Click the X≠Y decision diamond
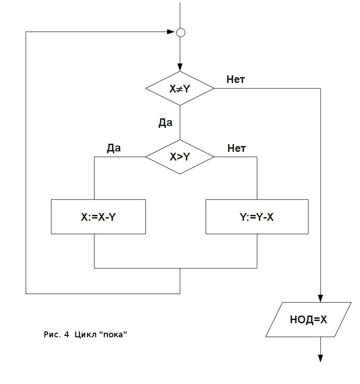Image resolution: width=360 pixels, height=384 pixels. pos(180,88)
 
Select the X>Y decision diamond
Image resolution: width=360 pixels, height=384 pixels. pos(180,157)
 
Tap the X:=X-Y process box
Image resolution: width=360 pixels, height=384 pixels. pos(98,217)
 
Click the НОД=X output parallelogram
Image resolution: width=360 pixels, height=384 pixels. pos(308,320)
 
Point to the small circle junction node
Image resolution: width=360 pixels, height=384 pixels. pos(180,32)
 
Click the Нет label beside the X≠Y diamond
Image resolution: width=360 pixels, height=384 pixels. pos(236,80)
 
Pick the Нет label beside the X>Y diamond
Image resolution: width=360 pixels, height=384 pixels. pos(236,148)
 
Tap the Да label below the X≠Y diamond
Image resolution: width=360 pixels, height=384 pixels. pos(165,123)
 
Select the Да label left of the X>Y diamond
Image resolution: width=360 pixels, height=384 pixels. pos(114,148)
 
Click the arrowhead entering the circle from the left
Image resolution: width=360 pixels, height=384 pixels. pos(171,32)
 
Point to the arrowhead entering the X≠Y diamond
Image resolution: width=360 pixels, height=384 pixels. pos(180,68)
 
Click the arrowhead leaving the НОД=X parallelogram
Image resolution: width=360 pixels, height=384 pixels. pos(321,358)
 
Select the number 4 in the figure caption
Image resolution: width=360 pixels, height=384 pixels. pos(66,335)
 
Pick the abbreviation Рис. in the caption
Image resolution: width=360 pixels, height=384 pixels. pos(52,335)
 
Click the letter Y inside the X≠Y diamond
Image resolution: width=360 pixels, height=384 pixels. pos(186,89)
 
